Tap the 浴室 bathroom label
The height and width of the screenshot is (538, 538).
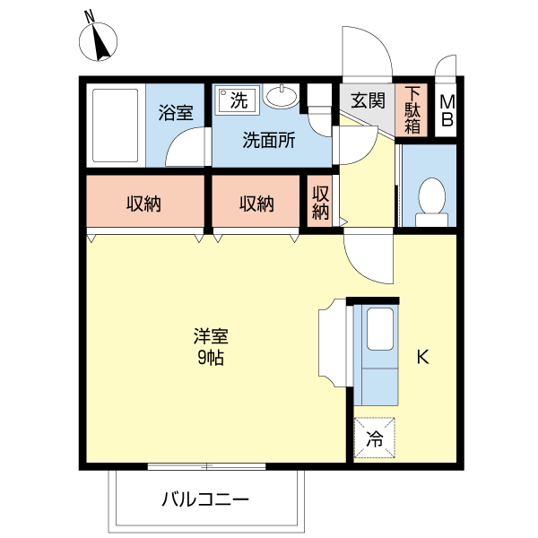click(177, 113)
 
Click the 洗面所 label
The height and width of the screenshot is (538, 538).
click(269, 140)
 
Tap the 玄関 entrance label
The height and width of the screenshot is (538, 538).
click(368, 100)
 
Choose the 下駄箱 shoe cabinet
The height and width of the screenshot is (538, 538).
click(412, 109)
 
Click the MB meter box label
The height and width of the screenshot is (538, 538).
click(447, 110)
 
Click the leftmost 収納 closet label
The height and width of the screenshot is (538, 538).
click(143, 204)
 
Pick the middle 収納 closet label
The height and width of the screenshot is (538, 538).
click(256, 204)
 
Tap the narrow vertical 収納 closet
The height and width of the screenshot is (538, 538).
click(320, 204)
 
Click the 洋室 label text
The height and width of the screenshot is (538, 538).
click(212, 338)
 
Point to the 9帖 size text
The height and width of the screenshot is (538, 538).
click(212, 359)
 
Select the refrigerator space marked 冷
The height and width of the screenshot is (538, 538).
click(375, 438)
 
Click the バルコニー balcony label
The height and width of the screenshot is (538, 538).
click(205, 499)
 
